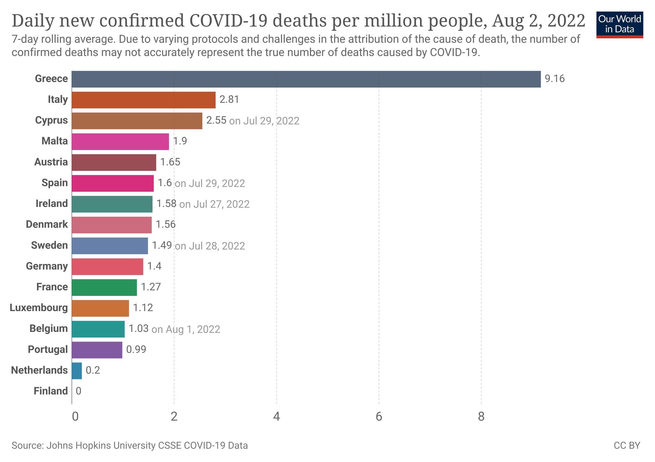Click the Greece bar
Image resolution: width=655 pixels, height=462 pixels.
(x=306, y=79)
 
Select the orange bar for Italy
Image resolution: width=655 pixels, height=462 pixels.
(x=143, y=100)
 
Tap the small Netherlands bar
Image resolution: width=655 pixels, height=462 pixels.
(x=77, y=371)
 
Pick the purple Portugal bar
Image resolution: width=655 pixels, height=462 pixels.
(x=97, y=350)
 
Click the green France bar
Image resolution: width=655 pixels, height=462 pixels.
(x=104, y=287)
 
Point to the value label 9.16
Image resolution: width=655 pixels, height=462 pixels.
(x=555, y=79)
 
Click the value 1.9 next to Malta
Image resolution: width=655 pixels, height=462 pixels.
(x=180, y=141)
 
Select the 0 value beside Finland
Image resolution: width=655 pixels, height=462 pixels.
(x=78, y=391)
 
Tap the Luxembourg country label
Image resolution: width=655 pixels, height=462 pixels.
(x=39, y=308)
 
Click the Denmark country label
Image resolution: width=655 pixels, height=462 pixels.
(x=47, y=224)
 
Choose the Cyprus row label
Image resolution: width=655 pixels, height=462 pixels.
(x=51, y=120)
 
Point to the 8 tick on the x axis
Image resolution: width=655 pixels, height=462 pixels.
(x=481, y=417)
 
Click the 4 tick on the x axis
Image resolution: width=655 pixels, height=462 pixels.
(x=276, y=417)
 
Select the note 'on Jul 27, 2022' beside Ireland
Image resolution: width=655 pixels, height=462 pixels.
(x=214, y=204)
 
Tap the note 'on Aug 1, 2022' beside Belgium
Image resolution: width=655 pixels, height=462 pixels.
(x=186, y=329)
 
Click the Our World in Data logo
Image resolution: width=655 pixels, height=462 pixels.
(x=619, y=25)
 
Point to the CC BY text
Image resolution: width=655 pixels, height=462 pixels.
(x=627, y=445)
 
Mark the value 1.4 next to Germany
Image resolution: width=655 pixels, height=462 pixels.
(x=154, y=266)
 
